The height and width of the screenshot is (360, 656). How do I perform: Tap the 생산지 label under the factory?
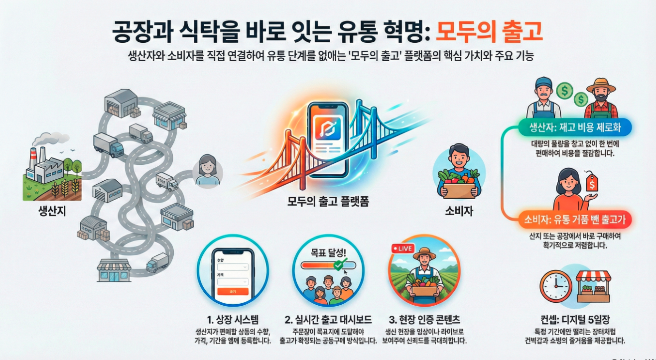tap(52, 211)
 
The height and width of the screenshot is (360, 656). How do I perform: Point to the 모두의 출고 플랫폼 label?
tap(328, 202)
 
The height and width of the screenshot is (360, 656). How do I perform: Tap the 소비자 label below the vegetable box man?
tap(459, 211)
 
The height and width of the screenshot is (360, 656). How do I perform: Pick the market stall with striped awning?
tap(593, 286)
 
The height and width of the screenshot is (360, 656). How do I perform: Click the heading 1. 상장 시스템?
tap(233, 319)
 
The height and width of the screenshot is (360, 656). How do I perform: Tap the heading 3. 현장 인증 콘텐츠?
tap(424, 319)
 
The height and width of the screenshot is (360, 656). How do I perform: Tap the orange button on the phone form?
tap(233, 291)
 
